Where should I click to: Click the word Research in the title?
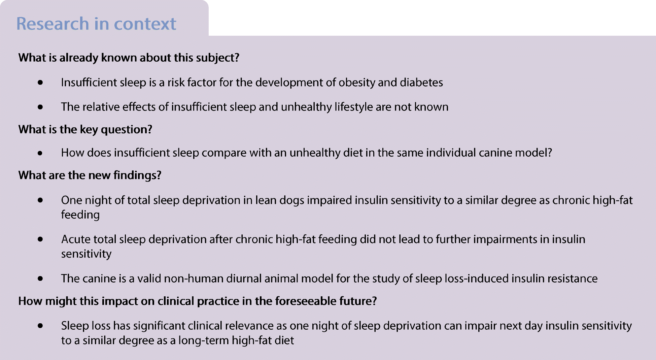53,24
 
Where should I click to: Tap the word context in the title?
145,24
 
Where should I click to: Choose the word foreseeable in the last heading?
314,301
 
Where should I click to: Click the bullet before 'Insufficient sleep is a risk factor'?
40,83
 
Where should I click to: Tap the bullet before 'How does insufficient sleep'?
40,153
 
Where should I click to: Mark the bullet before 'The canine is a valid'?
40,279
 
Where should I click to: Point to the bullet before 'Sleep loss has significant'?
40,326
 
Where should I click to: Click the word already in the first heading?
79,58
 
